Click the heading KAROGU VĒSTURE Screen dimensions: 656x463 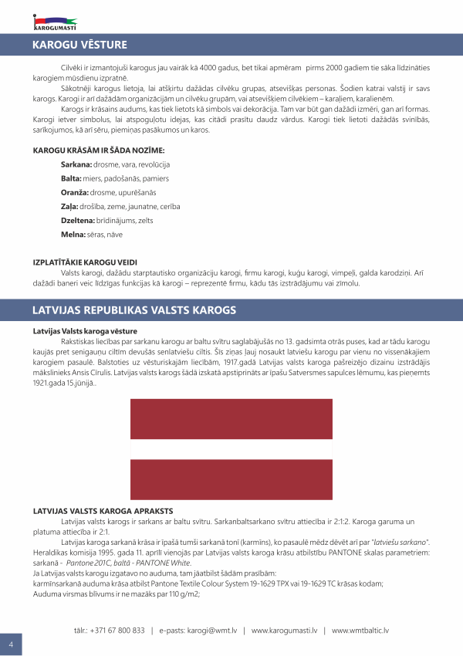pos(79,45)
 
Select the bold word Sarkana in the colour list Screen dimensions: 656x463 pos(76,165)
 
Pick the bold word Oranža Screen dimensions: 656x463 pos(74,192)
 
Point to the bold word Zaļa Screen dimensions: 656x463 pos(69,206)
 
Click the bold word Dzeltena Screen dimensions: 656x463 pos(79,220)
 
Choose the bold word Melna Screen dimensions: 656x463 pos(73,234)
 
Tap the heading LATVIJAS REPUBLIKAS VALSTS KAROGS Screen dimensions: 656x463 pos(133,310)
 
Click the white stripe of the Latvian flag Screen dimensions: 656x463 pos(231,449)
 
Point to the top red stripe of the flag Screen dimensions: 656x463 pos(231,420)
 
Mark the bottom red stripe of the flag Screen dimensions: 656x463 pos(231,478)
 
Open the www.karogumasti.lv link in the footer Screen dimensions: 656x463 pos(284,631)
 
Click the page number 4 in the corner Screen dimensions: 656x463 pos(11,644)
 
